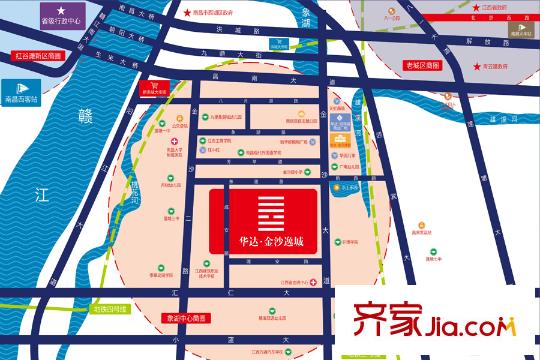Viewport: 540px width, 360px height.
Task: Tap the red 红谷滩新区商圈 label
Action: click(39, 57)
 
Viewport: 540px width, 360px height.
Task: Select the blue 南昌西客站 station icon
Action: click(34, 101)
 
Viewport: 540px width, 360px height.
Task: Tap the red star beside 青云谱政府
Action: click(476, 66)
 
